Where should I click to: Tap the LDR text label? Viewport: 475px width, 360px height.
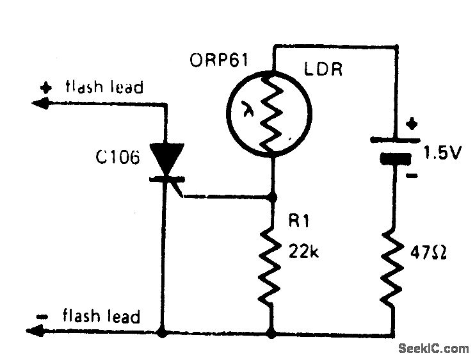coord(323,69)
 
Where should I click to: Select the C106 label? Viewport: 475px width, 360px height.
coord(117,158)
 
